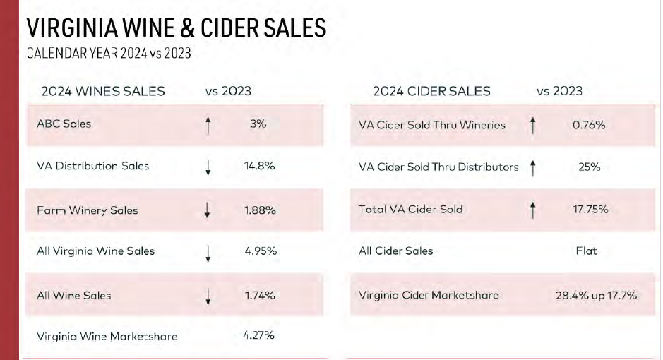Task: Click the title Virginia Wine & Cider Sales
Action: point(176,28)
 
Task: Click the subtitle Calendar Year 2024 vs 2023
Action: point(108,53)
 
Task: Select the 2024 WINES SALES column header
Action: point(103,91)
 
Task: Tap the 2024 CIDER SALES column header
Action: point(431,91)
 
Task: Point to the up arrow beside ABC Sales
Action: point(208,125)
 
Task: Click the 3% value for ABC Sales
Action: point(258,124)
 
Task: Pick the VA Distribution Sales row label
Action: point(92,166)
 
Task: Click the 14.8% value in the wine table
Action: point(259,166)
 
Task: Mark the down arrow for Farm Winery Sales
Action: point(208,210)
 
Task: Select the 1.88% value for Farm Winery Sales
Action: point(260,210)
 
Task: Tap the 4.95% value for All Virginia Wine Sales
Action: point(260,251)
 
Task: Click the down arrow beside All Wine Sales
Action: point(208,296)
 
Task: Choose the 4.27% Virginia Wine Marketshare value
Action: point(258,335)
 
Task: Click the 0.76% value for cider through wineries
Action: point(588,125)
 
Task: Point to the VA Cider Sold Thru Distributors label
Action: point(438,167)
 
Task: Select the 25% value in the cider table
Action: point(589,167)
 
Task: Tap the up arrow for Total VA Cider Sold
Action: point(533,210)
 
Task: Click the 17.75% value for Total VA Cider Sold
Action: point(588,209)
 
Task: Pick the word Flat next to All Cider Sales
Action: point(586,251)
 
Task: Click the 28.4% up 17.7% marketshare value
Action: point(596,295)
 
